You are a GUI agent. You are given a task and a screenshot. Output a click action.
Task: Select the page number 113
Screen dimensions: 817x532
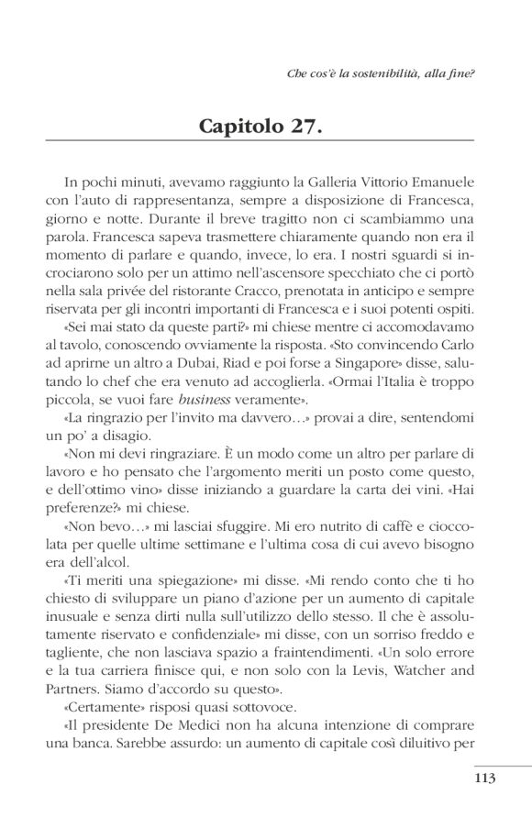(x=486, y=779)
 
